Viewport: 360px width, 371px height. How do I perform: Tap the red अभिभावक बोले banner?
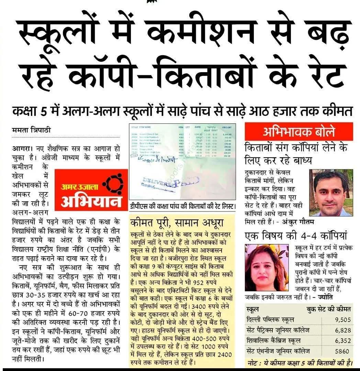tap(299, 132)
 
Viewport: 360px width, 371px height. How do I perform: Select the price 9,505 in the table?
tap(343, 320)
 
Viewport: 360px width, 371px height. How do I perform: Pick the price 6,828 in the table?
tap(343, 330)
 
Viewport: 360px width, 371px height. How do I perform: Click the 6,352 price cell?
tap(343, 341)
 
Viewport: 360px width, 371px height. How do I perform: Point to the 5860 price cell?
tap(343, 351)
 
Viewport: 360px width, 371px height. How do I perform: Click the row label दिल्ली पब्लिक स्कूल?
tap(270, 320)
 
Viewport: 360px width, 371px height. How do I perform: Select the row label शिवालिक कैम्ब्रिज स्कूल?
tap(274, 341)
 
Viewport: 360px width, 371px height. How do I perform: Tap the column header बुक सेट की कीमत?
tap(329, 309)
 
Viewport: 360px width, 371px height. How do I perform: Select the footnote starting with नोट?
tap(301, 363)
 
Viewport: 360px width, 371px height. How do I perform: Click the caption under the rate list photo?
tap(183, 207)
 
